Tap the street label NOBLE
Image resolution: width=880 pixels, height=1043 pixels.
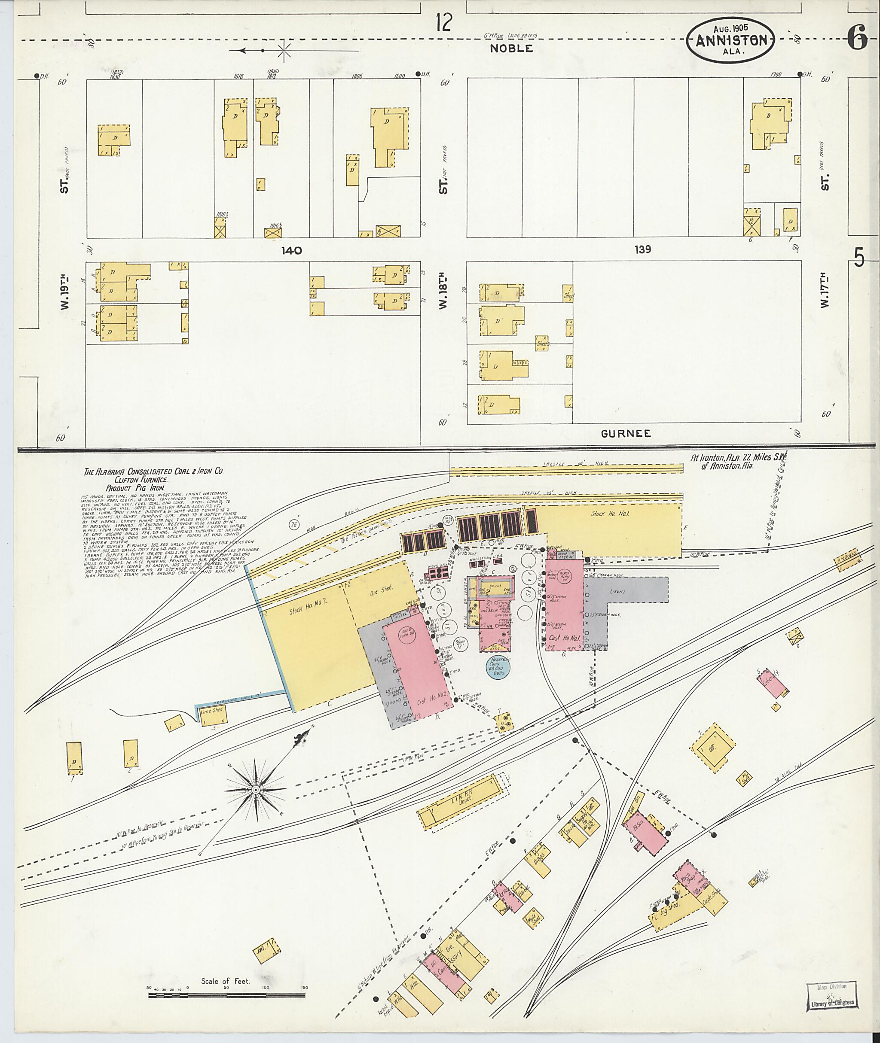[x=511, y=49]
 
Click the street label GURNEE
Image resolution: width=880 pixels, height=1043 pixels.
[x=626, y=433]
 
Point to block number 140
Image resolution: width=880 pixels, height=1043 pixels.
[x=291, y=250]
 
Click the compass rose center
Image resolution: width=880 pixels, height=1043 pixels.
[x=255, y=790]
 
